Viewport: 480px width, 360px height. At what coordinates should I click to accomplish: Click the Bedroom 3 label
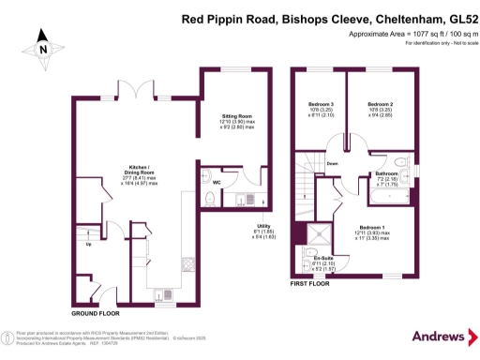pos(322,103)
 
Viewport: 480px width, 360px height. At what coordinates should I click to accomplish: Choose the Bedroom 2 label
pos(379,103)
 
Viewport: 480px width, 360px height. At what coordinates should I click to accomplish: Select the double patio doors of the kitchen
pos(142,89)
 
